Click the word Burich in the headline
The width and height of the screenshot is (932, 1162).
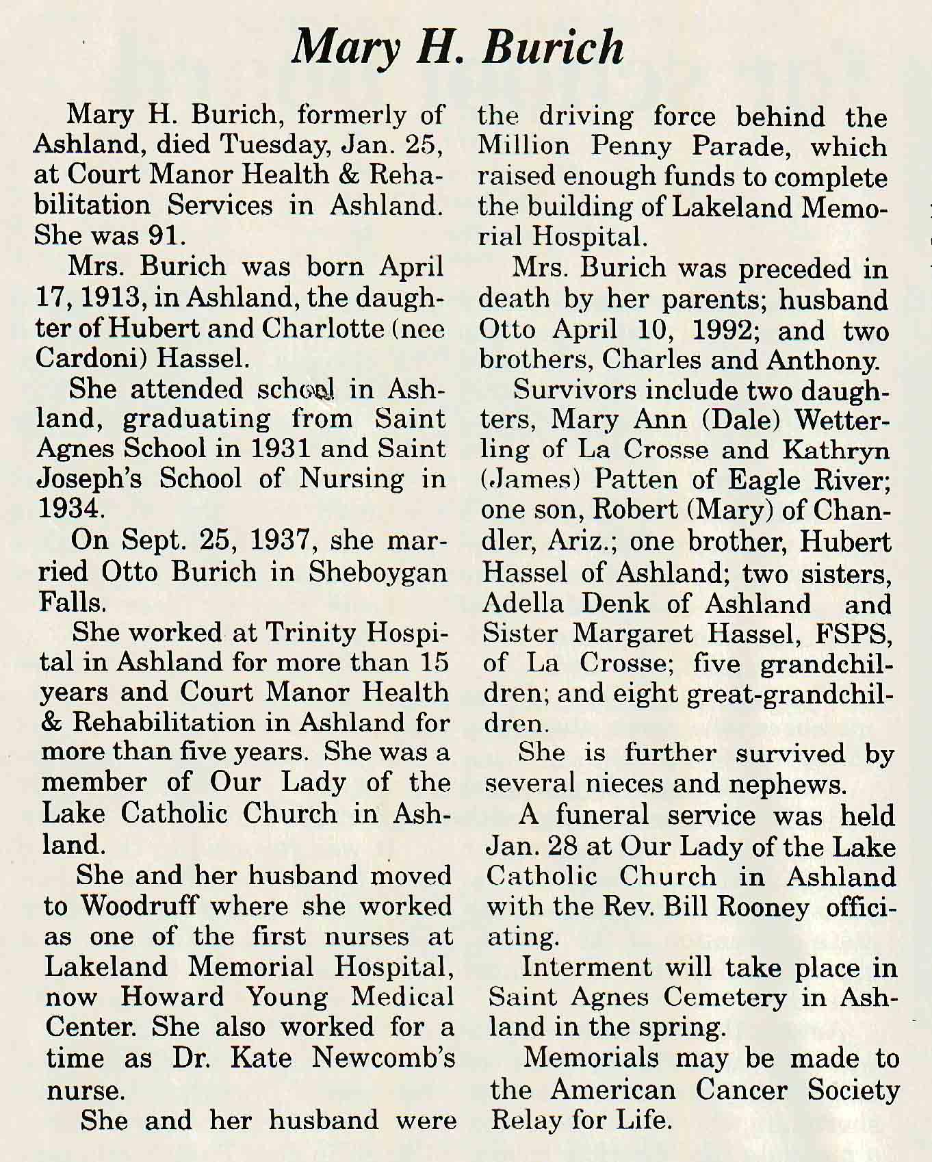click(553, 48)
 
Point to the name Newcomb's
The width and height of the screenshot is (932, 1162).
click(383, 1058)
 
